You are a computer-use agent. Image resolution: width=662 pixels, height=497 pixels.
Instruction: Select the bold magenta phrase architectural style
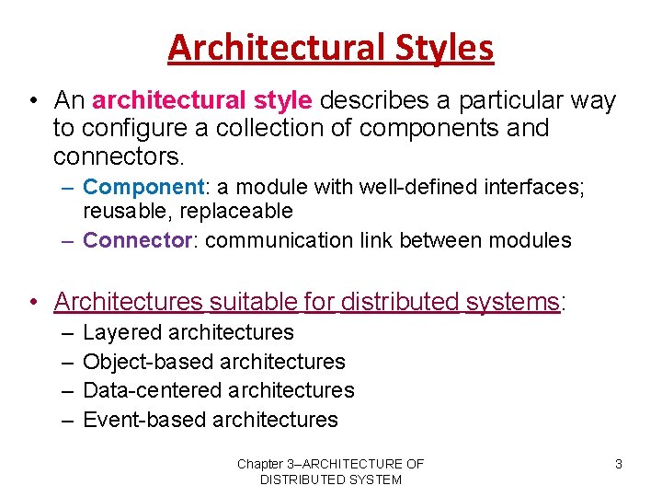202,99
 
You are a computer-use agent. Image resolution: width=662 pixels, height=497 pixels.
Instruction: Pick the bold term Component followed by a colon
143,187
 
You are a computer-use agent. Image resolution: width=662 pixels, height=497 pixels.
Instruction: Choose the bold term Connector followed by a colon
140,241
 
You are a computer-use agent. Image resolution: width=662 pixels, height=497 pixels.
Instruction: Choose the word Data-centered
147,390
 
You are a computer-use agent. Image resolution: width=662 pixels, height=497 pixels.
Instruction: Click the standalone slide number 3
619,464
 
